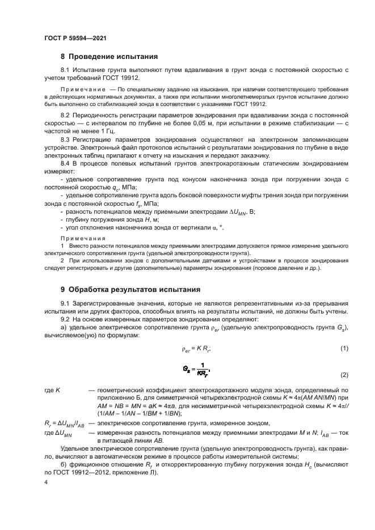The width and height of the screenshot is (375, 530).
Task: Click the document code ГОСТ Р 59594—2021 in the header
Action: coord(75,37)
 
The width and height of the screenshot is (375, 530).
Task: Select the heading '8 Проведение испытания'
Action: coord(109,57)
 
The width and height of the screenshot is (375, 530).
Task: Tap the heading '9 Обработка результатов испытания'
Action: coord(131,289)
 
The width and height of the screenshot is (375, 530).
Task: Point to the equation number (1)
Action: coord(344,348)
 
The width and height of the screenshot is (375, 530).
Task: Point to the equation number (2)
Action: coord(344,376)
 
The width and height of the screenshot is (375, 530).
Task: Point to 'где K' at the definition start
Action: coord(52,391)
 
